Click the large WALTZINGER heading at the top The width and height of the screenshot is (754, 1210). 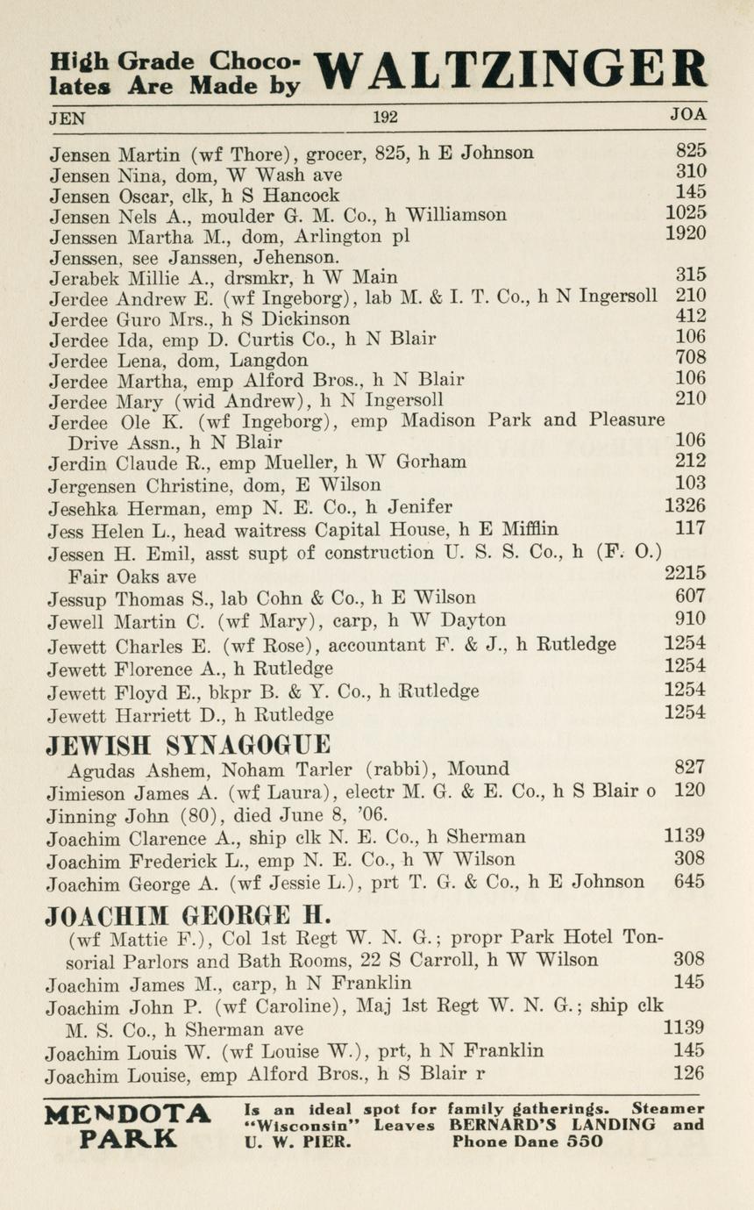click(x=509, y=70)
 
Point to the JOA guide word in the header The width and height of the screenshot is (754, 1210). click(x=688, y=115)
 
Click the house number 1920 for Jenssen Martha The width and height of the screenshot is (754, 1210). click(x=686, y=233)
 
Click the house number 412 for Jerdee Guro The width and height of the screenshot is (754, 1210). click(x=691, y=317)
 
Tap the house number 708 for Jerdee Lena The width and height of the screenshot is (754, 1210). click(x=691, y=358)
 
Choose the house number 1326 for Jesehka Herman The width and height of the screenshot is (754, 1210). click(x=686, y=506)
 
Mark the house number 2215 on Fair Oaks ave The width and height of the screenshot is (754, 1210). click(x=686, y=574)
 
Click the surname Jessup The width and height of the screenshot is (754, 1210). click(x=76, y=598)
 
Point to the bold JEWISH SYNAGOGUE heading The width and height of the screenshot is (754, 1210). click(x=188, y=745)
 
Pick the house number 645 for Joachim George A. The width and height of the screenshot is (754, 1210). click(x=690, y=882)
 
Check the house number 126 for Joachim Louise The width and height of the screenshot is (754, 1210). click(x=690, y=1073)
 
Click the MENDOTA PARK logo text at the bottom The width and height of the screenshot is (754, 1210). click(x=128, y=1127)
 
